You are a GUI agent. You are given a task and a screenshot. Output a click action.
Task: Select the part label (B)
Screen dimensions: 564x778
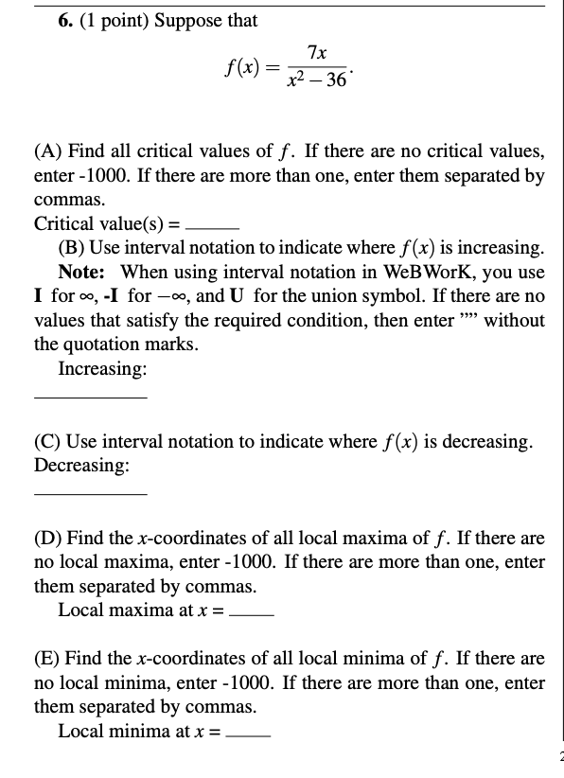(x=71, y=248)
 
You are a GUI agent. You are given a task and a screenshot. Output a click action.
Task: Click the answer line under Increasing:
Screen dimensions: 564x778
(x=90, y=398)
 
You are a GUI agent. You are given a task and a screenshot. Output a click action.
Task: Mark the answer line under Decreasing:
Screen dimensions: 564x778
(x=90, y=494)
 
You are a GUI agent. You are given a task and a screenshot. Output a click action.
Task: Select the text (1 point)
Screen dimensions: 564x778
(x=112, y=20)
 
